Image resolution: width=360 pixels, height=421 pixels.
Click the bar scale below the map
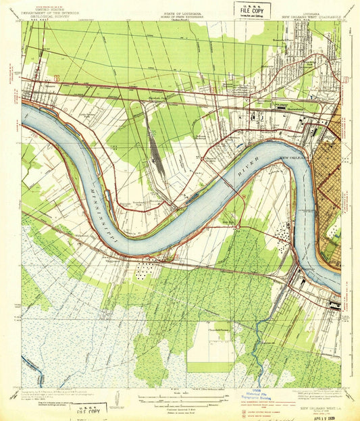tap(180, 396)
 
